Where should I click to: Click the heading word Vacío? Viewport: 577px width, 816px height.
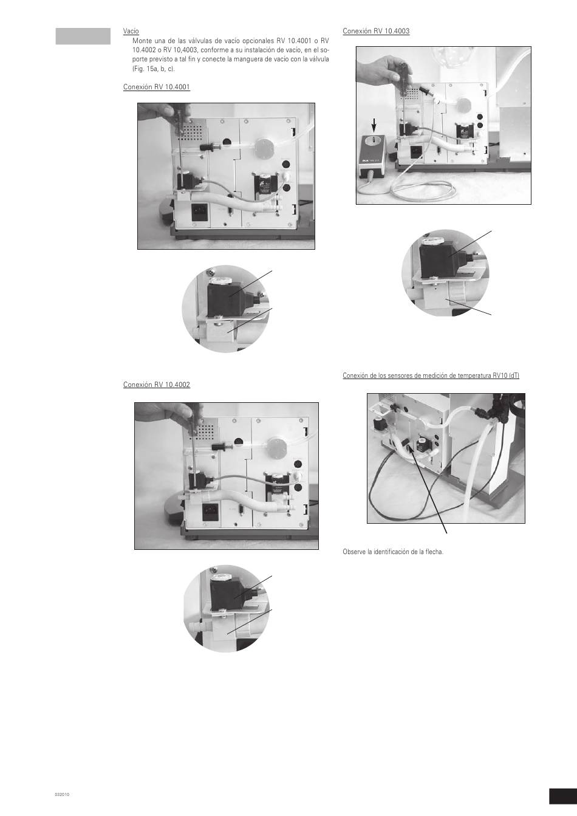pyautogui.click(x=131, y=32)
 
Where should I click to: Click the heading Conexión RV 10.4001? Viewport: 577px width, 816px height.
pyautogui.click(x=157, y=87)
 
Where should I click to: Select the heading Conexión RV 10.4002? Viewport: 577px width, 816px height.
pyautogui.click(x=157, y=385)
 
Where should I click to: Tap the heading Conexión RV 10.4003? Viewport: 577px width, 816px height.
pyautogui.click(x=376, y=31)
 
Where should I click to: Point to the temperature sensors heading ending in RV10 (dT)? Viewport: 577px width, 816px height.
pyautogui.click(x=431, y=375)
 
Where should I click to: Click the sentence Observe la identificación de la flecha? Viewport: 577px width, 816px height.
pyautogui.click(x=393, y=552)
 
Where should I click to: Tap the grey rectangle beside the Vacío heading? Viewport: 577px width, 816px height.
pyautogui.click(x=83, y=36)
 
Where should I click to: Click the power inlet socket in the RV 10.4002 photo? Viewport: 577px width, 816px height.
pyautogui.click(x=210, y=512)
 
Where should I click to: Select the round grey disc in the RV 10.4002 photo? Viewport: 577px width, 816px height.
pyautogui.click(x=276, y=447)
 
